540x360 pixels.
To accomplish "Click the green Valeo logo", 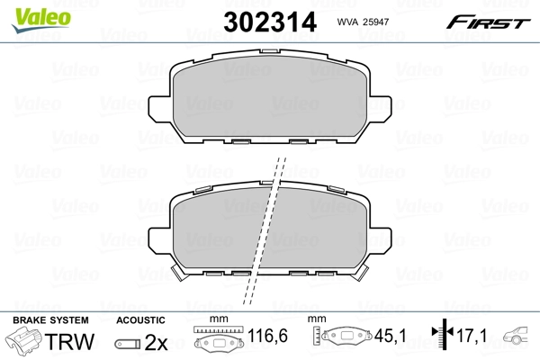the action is [x=41, y=20].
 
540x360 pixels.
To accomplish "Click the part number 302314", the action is [x=270, y=22].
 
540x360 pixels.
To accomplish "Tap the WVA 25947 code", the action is [x=363, y=22].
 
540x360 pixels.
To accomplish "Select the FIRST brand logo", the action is [x=488, y=22].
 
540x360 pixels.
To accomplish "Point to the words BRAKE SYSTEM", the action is [x=50, y=320].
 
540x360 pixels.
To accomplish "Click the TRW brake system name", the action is [x=70, y=341].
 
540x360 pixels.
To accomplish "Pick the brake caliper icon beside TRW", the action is [x=24, y=339].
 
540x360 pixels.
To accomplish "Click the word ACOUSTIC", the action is [x=140, y=320].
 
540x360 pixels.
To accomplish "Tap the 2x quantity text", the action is [x=156, y=342].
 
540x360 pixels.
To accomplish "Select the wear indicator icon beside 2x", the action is [x=128, y=344].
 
